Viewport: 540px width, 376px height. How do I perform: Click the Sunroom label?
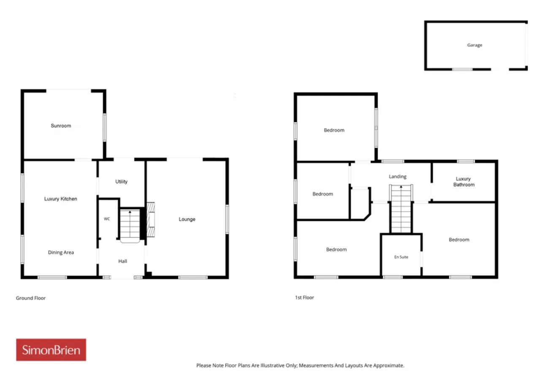[61, 126]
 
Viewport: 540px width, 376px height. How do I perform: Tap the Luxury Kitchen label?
[60, 199]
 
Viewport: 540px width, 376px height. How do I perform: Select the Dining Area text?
[61, 252]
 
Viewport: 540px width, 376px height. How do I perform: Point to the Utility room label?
[121, 182]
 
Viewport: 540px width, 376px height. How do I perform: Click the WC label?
[107, 219]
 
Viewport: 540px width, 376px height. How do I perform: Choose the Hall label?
[122, 261]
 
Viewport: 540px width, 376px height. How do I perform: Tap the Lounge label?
[187, 219]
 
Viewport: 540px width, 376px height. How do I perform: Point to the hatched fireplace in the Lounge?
[151, 220]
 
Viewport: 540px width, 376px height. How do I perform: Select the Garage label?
[475, 45]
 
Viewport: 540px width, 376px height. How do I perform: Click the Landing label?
[397, 177]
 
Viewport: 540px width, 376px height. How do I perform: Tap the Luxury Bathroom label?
[464, 182]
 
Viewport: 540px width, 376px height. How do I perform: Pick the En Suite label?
[401, 257]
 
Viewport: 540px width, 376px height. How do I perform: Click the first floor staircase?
[401, 209]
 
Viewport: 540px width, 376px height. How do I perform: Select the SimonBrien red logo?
[51, 350]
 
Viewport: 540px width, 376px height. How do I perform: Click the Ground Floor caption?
[31, 298]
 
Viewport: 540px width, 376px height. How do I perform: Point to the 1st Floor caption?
[305, 298]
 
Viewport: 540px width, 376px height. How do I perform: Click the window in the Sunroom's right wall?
[104, 128]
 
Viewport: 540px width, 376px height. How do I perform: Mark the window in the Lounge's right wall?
[227, 219]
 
